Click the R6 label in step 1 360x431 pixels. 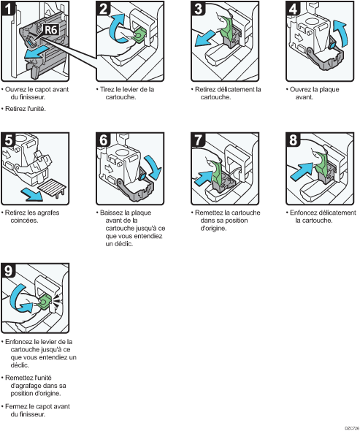click(x=51, y=29)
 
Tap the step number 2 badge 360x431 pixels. click(x=103, y=9)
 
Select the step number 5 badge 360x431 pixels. click(x=8, y=140)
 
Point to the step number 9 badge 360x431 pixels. click(x=8, y=270)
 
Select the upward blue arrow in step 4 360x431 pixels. click(x=340, y=34)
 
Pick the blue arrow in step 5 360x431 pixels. click(x=32, y=194)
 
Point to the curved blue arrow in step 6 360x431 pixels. click(x=153, y=167)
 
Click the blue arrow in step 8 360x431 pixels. click(x=301, y=171)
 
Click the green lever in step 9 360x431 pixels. click(x=44, y=302)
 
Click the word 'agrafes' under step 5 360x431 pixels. click(x=49, y=213)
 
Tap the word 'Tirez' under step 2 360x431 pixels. click(x=107, y=89)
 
